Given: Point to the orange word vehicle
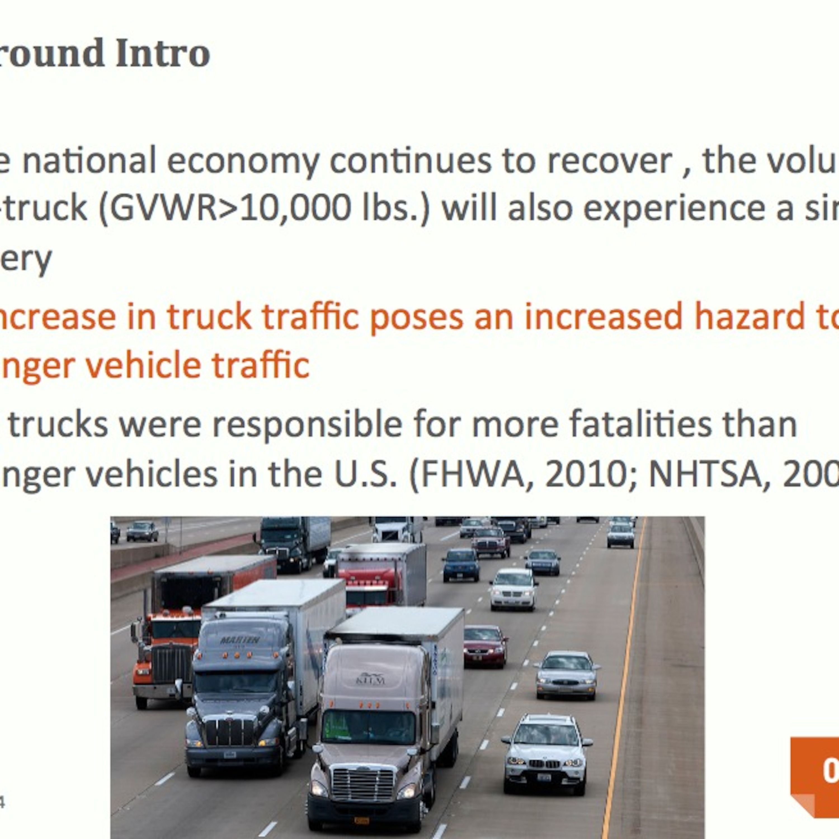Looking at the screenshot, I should point(143,365).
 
